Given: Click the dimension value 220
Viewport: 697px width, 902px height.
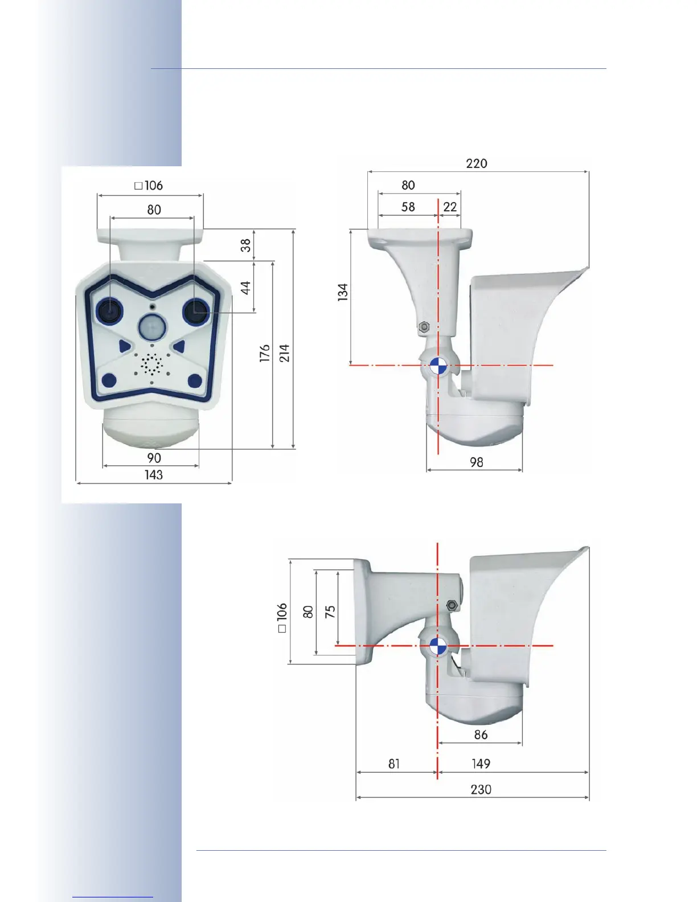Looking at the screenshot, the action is click(x=476, y=163).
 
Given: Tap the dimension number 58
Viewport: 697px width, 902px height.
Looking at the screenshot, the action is click(x=408, y=207).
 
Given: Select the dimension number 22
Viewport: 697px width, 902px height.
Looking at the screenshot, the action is click(x=450, y=207).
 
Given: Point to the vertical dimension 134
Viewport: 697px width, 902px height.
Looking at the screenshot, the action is click(x=343, y=292).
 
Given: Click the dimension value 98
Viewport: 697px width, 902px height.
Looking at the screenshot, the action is click(x=476, y=462).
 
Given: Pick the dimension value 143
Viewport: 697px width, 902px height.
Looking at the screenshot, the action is click(x=154, y=475).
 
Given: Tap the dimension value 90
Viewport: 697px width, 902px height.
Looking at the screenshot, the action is click(x=154, y=458).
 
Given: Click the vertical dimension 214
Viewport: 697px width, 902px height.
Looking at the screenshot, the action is click(x=284, y=353).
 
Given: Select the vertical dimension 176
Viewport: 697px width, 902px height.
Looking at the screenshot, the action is click(x=264, y=353).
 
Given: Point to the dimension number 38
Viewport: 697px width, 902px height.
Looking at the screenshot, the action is click(x=246, y=245).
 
